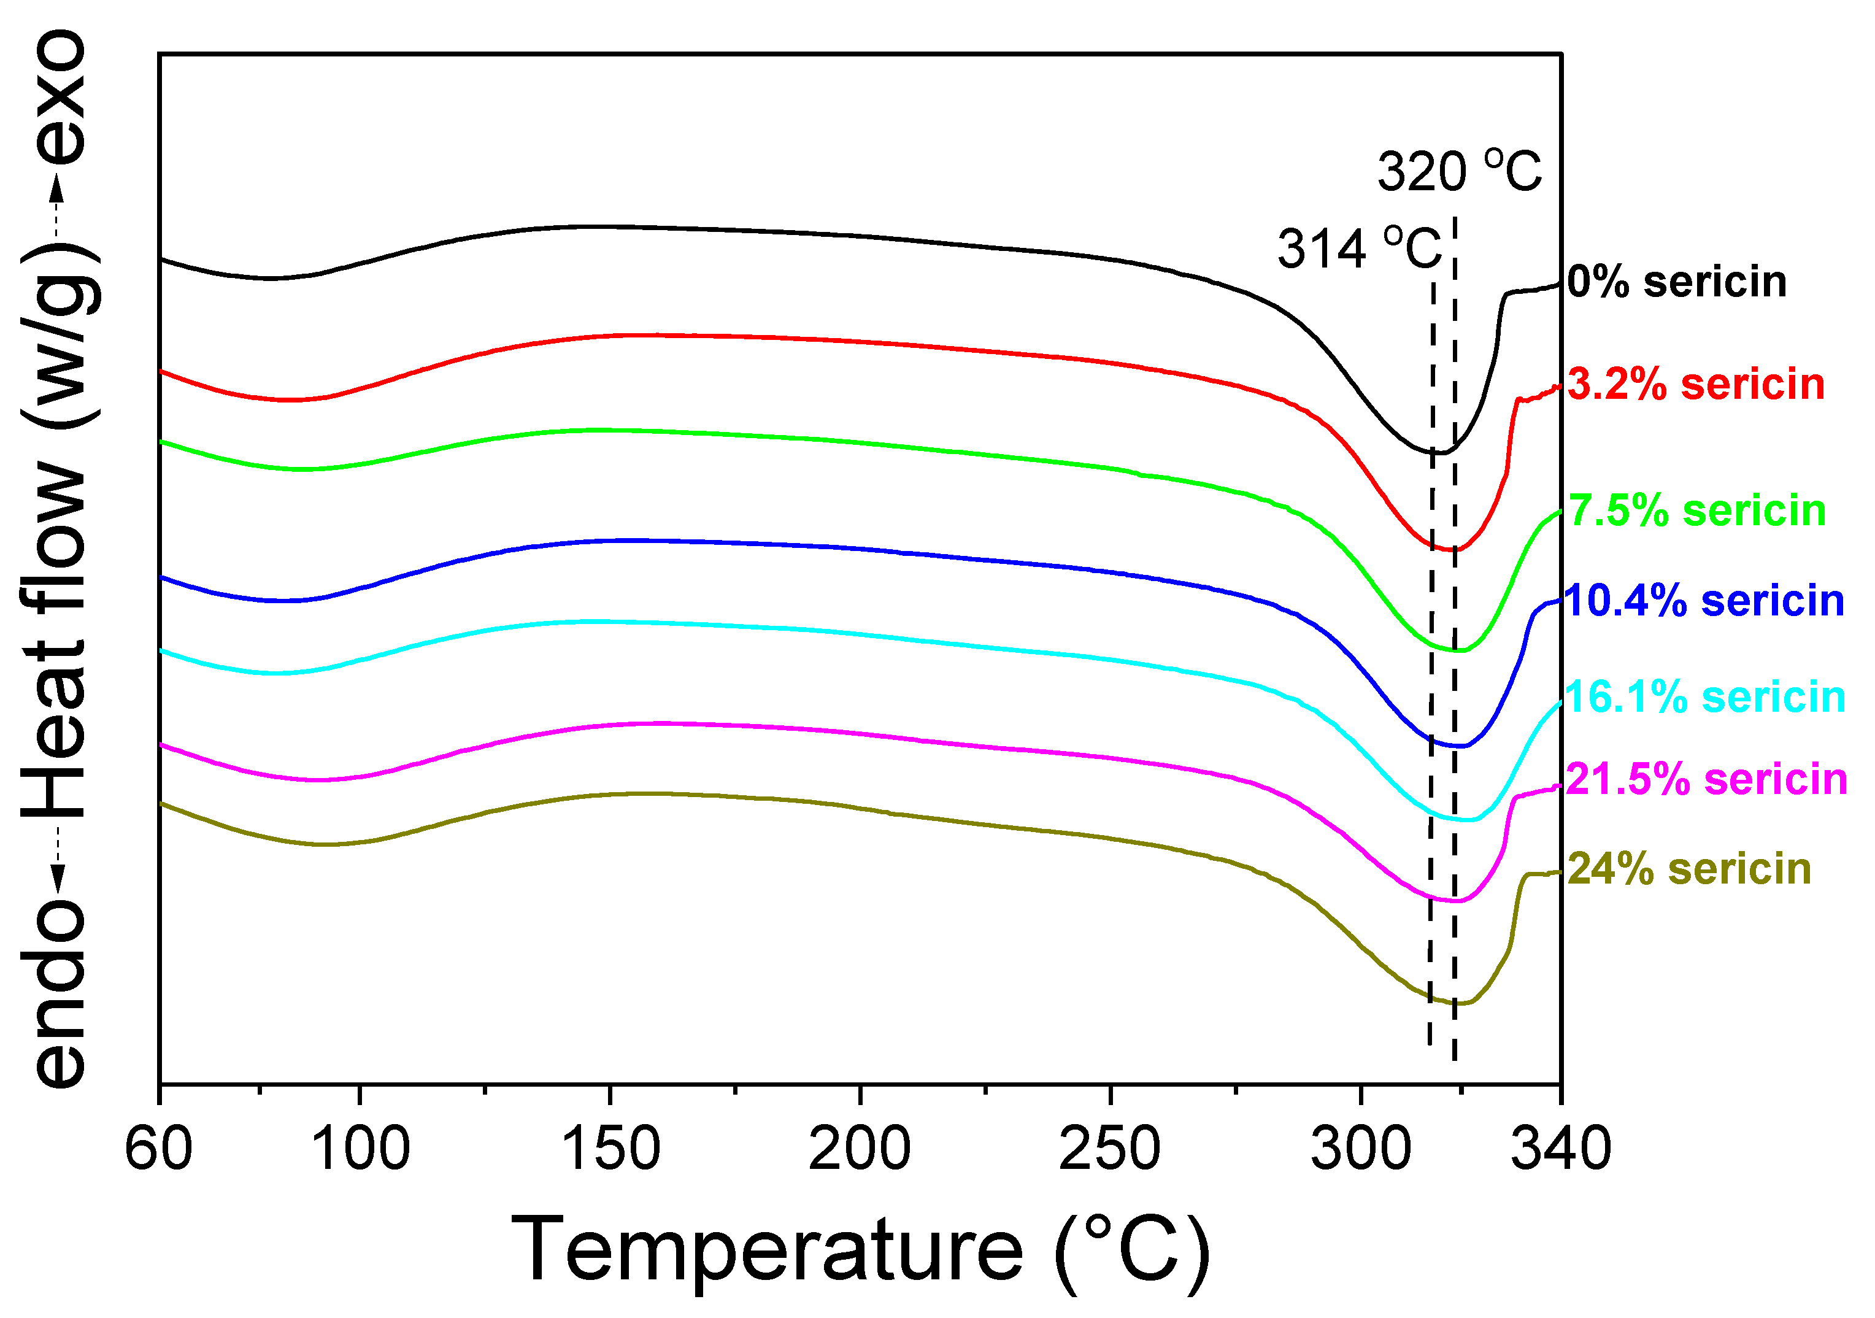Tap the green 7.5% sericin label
click(1697, 511)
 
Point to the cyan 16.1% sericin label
click(1706, 698)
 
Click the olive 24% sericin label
click(1690, 869)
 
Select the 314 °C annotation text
click(1360, 249)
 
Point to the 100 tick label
click(360, 1148)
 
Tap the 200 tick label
click(860, 1148)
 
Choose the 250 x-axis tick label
click(1110, 1148)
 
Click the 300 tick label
click(1360, 1148)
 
